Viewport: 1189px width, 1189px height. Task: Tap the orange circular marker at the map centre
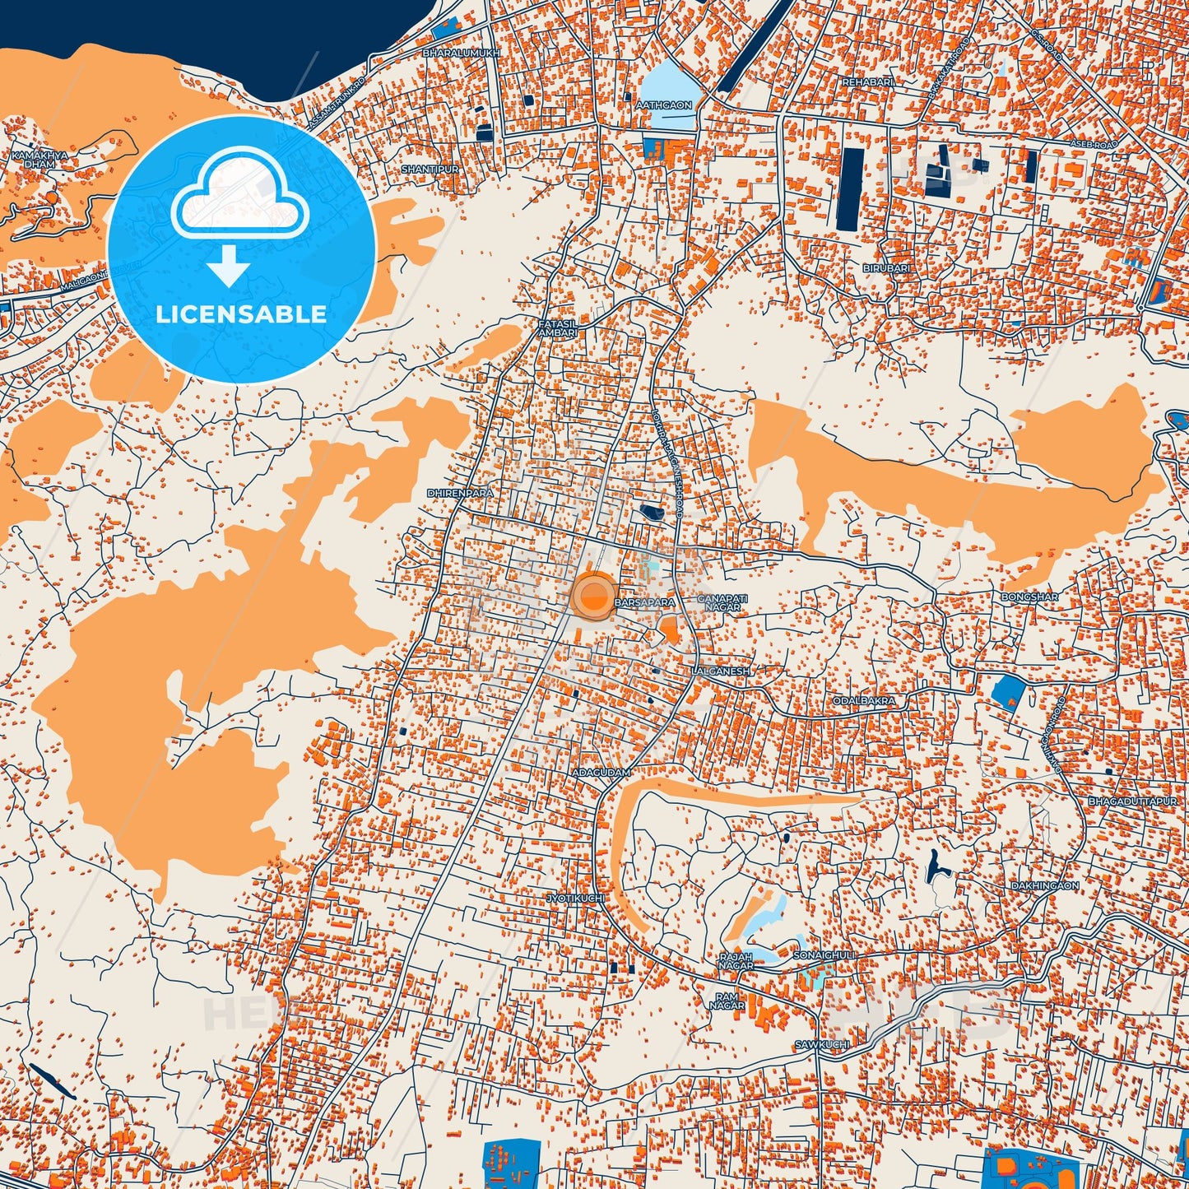pyautogui.click(x=593, y=596)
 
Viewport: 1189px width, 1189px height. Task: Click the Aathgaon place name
pyautogui.click(x=664, y=105)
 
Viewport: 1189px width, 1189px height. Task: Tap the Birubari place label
pyautogui.click(x=886, y=269)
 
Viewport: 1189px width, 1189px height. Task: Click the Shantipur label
pyautogui.click(x=430, y=169)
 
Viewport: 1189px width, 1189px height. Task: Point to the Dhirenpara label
pyautogui.click(x=460, y=493)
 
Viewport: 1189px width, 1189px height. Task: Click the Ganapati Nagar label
pyautogui.click(x=722, y=602)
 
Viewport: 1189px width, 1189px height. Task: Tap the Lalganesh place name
pyautogui.click(x=722, y=671)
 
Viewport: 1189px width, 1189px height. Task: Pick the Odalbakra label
pyautogui.click(x=863, y=701)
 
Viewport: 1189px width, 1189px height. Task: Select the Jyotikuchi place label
pyautogui.click(x=575, y=898)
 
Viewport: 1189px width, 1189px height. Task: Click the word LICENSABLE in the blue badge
pyautogui.click(x=241, y=314)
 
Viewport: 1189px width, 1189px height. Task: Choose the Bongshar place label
pyautogui.click(x=1029, y=597)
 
